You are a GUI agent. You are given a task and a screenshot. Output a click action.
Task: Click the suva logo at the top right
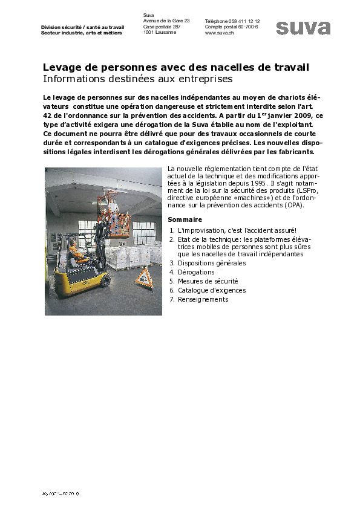click(x=303, y=28)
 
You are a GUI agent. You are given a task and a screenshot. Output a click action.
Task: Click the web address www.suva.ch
click(x=220, y=33)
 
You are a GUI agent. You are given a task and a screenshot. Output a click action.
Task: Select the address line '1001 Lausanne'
click(x=160, y=33)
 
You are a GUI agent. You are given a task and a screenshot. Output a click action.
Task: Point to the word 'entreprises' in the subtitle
click(x=207, y=79)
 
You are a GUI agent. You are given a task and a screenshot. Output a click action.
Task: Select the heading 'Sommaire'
click(x=185, y=219)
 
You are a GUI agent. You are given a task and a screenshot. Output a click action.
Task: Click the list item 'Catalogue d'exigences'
click(x=211, y=290)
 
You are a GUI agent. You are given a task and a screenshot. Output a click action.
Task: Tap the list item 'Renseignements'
click(x=203, y=299)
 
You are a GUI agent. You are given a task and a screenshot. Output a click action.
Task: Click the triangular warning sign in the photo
click(x=144, y=278)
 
